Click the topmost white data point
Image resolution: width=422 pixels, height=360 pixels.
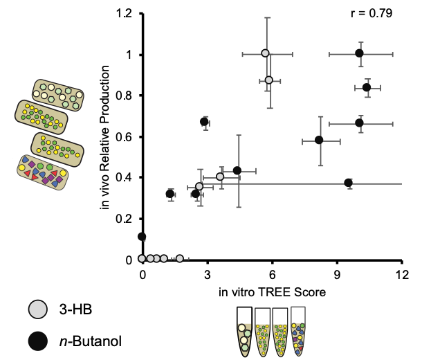tap(265, 53)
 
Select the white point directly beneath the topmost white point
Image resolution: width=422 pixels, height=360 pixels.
tap(269, 80)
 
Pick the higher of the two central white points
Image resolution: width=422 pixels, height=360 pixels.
tap(220, 177)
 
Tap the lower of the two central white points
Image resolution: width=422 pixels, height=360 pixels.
tap(199, 186)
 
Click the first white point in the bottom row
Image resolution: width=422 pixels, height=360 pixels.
tap(142, 259)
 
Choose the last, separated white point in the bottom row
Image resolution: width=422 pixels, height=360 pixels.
tap(180, 259)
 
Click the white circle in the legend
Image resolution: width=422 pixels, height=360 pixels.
tap(38, 309)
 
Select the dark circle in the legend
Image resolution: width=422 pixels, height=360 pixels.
tap(38, 341)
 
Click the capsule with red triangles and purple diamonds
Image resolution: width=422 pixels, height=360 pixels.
tap(42, 172)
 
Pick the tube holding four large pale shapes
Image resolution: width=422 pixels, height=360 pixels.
tap(244, 339)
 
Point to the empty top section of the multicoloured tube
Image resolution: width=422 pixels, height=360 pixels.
tap(298, 314)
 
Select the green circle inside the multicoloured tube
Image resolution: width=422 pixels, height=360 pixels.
tap(302, 326)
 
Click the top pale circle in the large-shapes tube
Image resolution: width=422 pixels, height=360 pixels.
tap(242, 328)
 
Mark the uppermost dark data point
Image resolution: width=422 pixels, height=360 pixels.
tap(360, 54)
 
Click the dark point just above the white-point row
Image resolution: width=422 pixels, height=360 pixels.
tap(142, 237)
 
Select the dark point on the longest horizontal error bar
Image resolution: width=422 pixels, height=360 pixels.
tap(349, 183)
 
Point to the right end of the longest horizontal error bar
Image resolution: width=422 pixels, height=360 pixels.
tap(401, 183)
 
